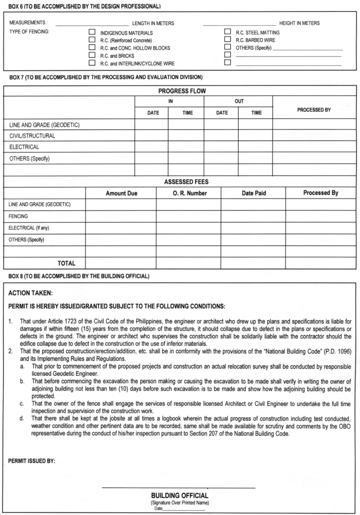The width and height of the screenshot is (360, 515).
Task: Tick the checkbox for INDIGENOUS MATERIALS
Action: (92, 32)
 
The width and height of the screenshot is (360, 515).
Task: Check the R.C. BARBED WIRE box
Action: (227, 40)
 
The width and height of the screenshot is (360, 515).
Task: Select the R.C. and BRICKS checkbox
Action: (92, 55)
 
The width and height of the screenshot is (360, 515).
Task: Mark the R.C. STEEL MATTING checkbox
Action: (227, 32)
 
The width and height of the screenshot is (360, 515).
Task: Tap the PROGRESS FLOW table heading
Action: (182, 91)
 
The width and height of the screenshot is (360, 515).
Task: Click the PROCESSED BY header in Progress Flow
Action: (314, 110)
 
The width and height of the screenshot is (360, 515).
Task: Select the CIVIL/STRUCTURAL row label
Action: (32, 136)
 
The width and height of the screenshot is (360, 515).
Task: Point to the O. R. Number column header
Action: (189, 193)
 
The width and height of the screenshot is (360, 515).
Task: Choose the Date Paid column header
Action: (253, 193)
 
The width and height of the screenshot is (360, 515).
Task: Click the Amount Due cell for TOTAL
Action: (121, 263)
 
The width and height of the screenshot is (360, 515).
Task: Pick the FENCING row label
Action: (18, 216)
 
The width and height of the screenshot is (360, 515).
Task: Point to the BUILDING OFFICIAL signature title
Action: (179, 495)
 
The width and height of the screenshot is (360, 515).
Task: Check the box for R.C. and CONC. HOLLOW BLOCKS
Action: (92, 48)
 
